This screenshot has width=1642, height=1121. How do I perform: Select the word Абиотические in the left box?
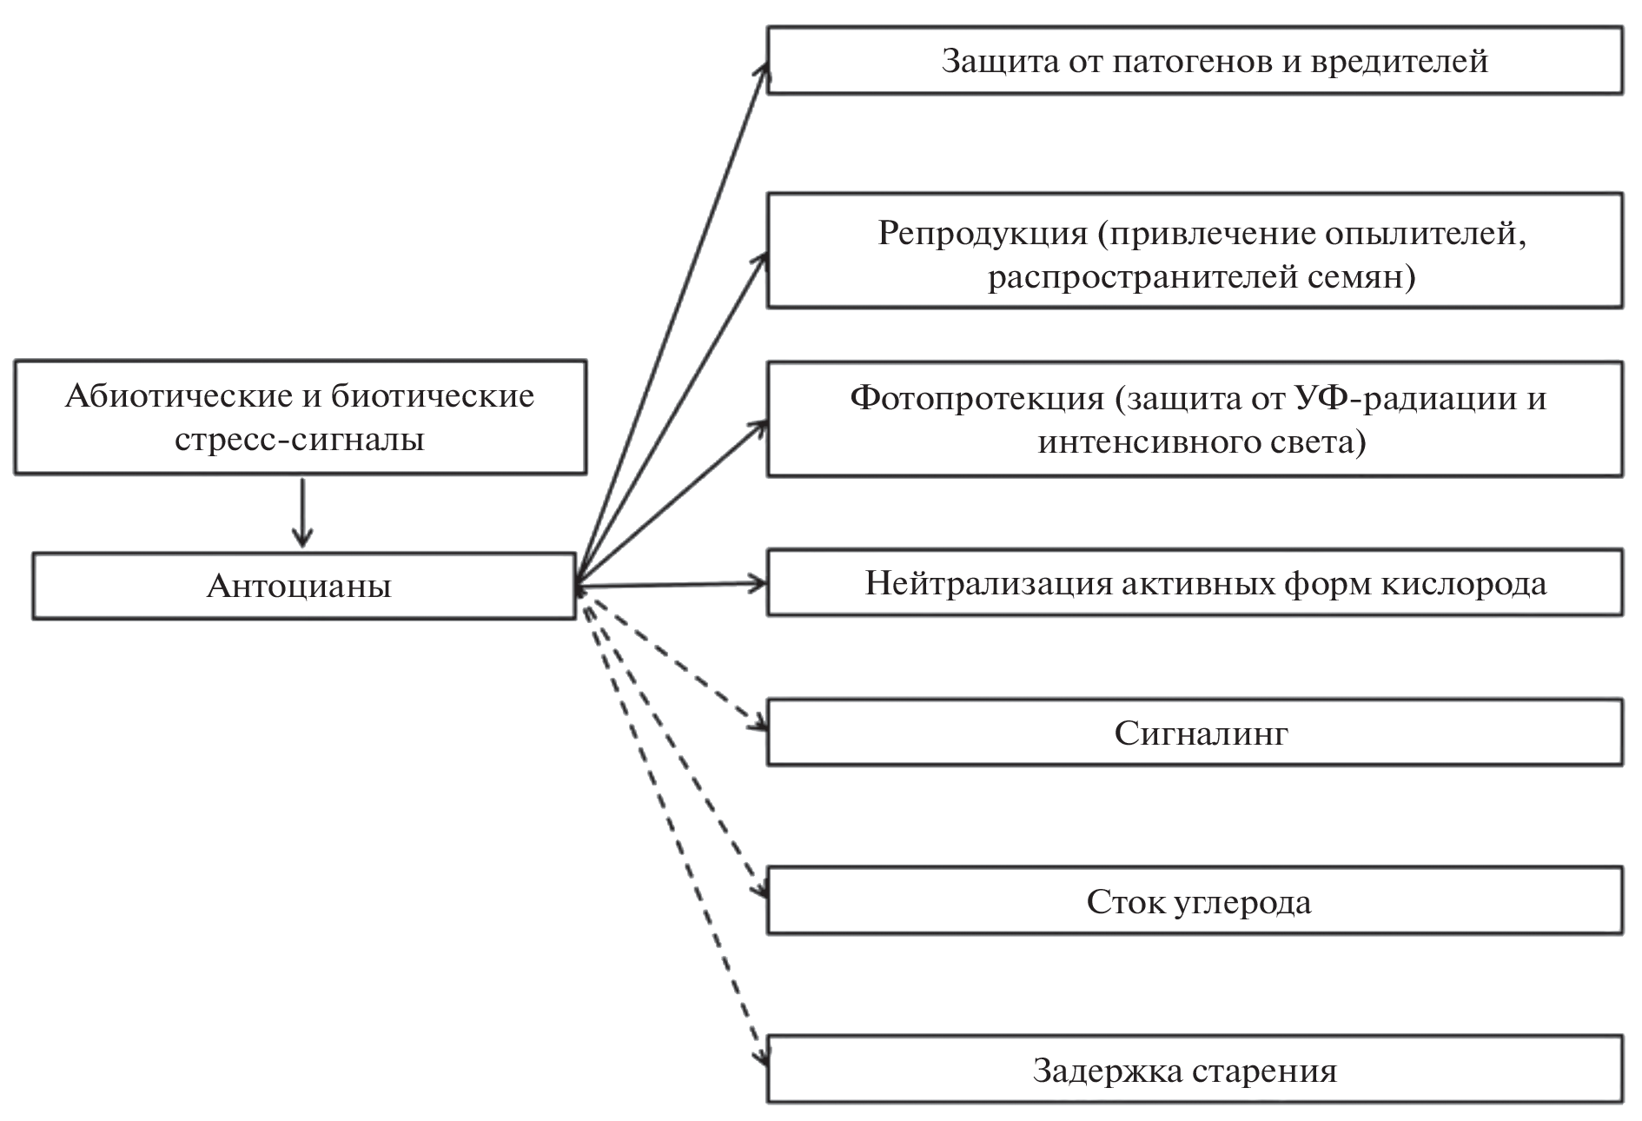point(177,396)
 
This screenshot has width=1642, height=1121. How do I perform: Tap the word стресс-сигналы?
point(300,439)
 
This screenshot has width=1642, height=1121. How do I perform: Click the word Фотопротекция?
point(977,398)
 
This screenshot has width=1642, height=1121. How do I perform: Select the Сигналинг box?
point(1195,733)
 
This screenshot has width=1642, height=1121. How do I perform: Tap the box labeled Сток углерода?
point(1195,900)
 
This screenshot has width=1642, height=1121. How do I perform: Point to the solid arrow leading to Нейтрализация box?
point(669,585)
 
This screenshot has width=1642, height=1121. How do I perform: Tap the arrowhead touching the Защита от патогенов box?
point(764,70)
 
